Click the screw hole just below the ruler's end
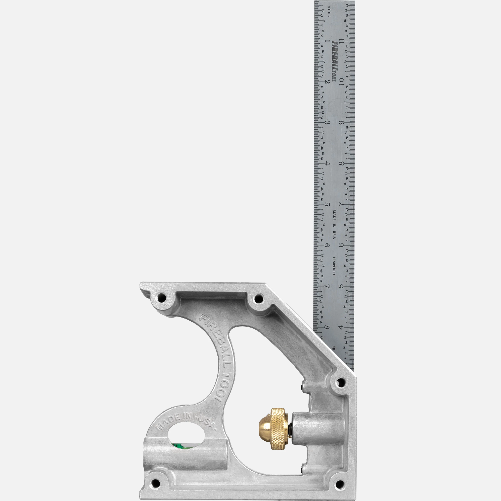[341, 382]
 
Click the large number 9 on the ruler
[341, 123]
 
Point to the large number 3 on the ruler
[327, 123]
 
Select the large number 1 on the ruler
[327, 41]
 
